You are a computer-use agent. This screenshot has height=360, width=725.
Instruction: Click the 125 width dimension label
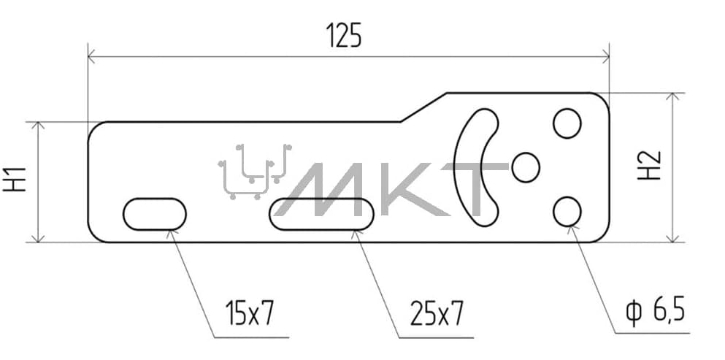344,36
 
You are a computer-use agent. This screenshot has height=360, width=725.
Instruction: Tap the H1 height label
15,180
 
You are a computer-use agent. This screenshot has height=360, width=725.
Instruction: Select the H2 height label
650,166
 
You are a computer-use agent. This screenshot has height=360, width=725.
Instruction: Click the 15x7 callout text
250,313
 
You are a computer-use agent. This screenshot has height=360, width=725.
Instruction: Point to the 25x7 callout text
436,313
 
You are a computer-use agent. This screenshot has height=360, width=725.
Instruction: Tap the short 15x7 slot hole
155,214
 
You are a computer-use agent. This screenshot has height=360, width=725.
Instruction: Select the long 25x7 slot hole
321,214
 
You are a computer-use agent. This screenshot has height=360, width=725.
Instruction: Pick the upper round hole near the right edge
567,123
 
